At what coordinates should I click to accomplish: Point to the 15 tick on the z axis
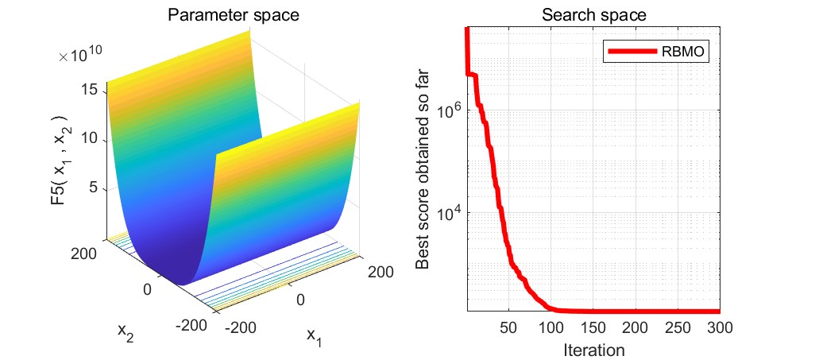click(x=90, y=90)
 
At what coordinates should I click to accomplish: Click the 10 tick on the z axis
click(x=90, y=139)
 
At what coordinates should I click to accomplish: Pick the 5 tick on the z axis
click(x=94, y=188)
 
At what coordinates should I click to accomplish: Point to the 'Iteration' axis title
click(x=594, y=348)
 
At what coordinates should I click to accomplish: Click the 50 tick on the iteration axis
click(x=510, y=327)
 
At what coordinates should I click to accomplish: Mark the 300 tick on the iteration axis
click(x=718, y=327)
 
